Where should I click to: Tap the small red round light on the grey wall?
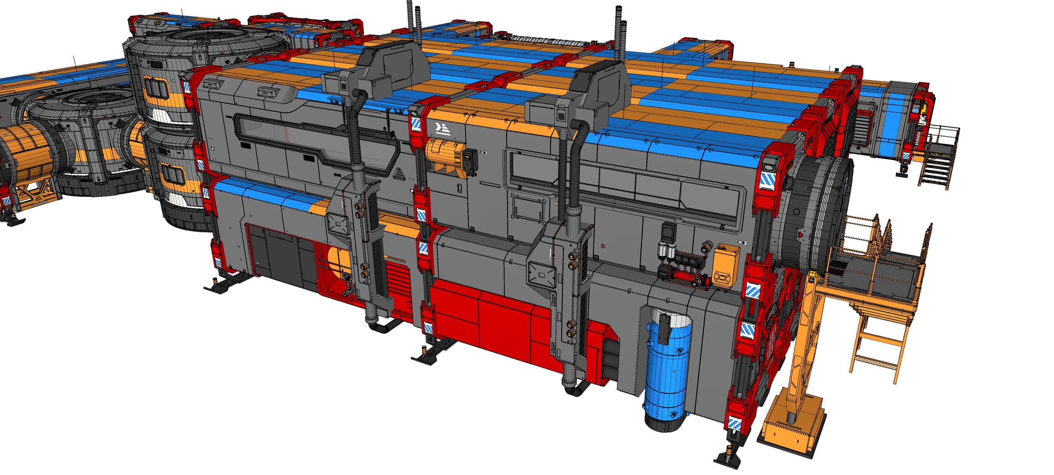coord(603,246)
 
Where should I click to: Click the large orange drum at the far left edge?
coord(25,155)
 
